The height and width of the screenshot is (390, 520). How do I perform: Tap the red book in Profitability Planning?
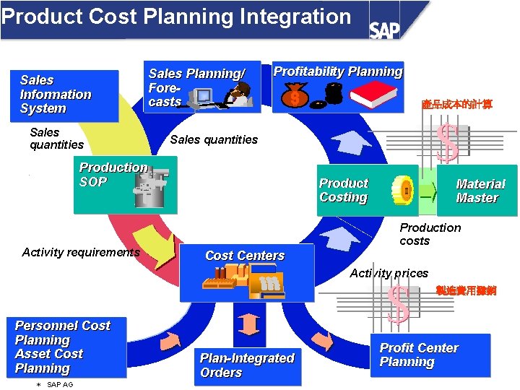click(x=374, y=95)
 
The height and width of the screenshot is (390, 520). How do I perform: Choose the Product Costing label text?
click(x=344, y=191)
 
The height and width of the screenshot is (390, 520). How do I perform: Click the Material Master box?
click(x=477, y=191)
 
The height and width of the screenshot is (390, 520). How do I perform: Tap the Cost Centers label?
click(x=245, y=256)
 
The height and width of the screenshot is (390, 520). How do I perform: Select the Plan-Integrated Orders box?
click(x=247, y=365)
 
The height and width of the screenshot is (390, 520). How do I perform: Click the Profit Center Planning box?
click(x=429, y=355)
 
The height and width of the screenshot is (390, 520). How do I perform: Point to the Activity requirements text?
click(x=81, y=252)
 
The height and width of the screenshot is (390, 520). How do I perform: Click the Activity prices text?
click(x=389, y=273)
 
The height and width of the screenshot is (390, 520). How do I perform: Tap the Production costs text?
click(x=430, y=234)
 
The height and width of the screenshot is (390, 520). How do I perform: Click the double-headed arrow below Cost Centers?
click(x=248, y=324)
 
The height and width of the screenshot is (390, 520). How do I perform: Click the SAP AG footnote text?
click(x=59, y=385)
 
